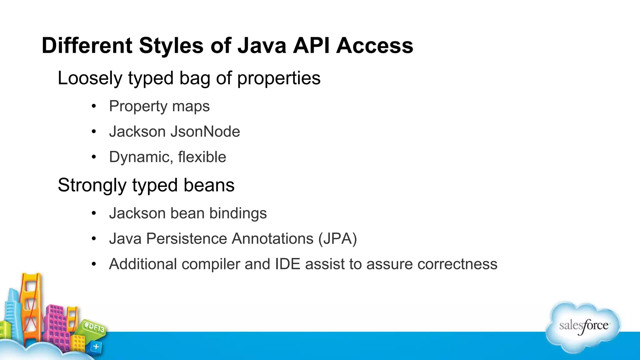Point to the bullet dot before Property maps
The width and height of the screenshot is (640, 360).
94,106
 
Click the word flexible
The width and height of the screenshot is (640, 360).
202,157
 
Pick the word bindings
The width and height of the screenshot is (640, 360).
238,213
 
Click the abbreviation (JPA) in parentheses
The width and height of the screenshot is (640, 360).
337,239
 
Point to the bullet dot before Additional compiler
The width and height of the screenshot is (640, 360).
94,264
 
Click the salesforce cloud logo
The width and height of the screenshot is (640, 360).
583,327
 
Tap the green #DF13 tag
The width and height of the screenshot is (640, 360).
94,327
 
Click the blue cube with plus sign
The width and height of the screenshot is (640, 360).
96,347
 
